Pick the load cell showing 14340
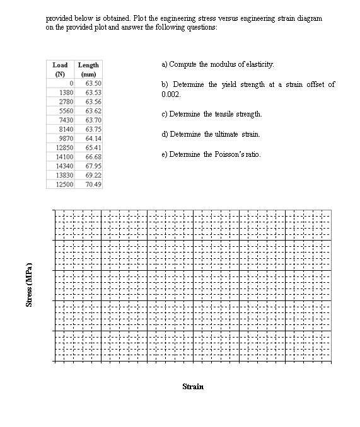(x=65, y=165)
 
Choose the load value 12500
(x=65, y=184)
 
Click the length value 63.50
(x=94, y=83)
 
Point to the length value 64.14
(x=94, y=138)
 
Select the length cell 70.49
(x=94, y=184)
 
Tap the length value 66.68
(x=94, y=156)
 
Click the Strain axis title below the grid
(x=192, y=386)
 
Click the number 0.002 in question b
(x=171, y=94)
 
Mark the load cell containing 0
(x=73, y=83)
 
